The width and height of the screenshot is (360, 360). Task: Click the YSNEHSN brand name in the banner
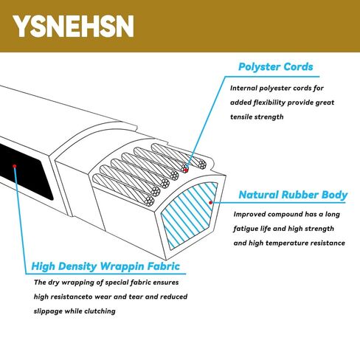(74, 26)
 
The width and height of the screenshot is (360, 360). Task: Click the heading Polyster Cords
(276, 67)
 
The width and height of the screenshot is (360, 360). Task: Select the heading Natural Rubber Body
(293, 195)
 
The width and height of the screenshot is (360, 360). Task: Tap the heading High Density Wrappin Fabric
(105, 266)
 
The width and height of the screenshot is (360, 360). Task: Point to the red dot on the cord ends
(186, 170)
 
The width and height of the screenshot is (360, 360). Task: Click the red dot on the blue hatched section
(210, 203)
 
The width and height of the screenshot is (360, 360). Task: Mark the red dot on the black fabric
(15, 166)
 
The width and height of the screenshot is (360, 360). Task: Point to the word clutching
(100, 311)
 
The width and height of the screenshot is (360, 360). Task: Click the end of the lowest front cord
(150, 200)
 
